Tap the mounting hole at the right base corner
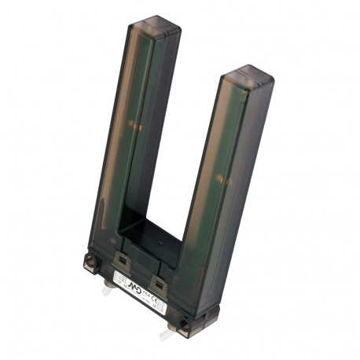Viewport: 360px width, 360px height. click(x=183, y=322)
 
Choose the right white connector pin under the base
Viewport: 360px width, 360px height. click(x=166, y=334)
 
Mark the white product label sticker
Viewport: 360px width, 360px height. click(x=142, y=291)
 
